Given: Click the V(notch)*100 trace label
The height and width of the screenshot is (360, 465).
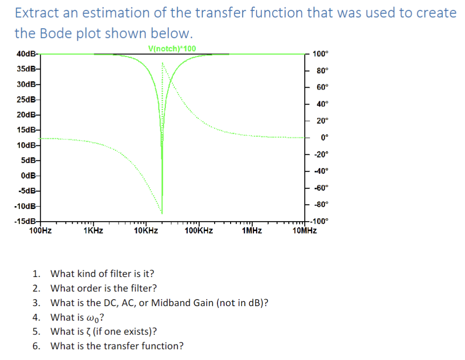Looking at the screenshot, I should point(172,48).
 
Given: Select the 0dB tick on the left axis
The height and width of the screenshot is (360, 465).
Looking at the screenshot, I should point(30,176).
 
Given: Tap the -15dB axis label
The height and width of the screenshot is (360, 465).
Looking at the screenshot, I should point(25,221).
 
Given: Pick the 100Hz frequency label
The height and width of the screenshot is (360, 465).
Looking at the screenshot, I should point(40,231).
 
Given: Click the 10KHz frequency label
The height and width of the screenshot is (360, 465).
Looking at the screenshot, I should point(146,231).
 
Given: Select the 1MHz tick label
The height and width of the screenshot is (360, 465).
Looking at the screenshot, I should point(252,231).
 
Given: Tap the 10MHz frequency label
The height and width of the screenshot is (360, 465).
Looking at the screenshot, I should point(305,231).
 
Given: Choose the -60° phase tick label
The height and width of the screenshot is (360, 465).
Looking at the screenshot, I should point(321,188).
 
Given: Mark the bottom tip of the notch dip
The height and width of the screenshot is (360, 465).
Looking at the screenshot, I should point(162,212).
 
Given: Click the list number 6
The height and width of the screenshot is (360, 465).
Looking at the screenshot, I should point(36,346).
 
